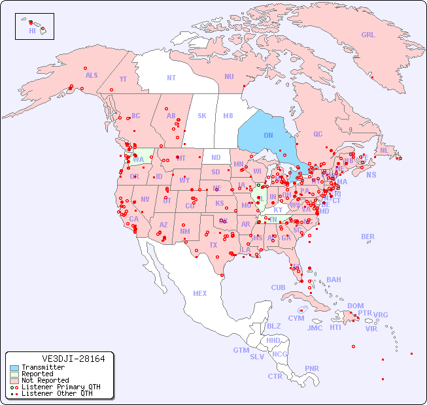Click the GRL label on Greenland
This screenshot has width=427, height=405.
368,35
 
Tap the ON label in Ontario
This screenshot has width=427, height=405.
268,135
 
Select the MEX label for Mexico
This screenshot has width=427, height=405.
200,293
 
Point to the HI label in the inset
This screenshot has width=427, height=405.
32,31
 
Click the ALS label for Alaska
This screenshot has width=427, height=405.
92,75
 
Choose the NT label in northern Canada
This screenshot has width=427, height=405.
171,78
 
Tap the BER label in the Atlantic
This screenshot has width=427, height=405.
368,236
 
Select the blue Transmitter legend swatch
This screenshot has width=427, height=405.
14,368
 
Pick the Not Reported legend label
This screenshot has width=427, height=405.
45,380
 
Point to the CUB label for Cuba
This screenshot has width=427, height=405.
278,287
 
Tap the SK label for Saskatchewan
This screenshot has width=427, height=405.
202,116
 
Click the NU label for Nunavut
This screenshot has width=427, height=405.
229,76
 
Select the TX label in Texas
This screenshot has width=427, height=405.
213,245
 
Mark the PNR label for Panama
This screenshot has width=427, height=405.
312,368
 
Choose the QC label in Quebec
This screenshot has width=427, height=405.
318,134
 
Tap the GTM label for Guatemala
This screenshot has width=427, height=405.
241,350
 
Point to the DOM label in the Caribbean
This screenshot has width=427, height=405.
355,306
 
